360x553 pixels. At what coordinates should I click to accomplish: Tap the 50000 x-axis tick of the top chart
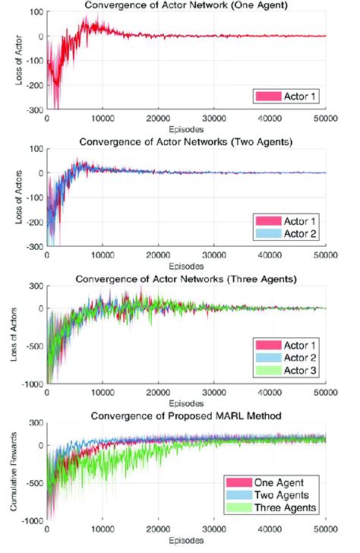[327, 118]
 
